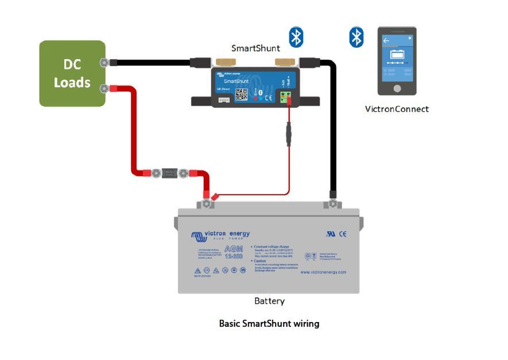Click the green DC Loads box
click(x=72, y=73)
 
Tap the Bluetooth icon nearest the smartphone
click(x=357, y=37)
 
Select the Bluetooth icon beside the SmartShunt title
click(x=296, y=37)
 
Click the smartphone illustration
click(x=397, y=61)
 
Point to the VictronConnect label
click(x=397, y=109)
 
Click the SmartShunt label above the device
click(x=255, y=48)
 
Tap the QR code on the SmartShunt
click(x=242, y=94)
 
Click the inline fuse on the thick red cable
click(x=169, y=172)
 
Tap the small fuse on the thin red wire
click(x=288, y=137)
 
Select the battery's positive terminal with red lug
click(x=207, y=202)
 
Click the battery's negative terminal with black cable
click(x=331, y=203)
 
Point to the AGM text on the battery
click(x=232, y=251)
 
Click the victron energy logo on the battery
click(x=221, y=234)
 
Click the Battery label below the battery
click(x=269, y=301)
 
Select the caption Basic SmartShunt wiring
click(x=269, y=324)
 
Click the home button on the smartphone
click(x=397, y=88)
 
